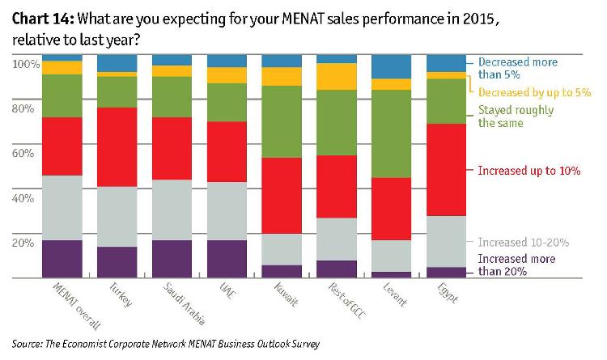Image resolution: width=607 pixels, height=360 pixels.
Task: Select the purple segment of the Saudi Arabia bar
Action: [x=172, y=259]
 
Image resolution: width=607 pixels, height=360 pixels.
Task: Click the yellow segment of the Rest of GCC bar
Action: [x=337, y=76]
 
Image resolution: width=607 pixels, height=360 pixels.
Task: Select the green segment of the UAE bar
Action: [x=227, y=102]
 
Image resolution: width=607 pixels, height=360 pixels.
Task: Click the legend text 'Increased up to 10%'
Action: [x=529, y=172]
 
